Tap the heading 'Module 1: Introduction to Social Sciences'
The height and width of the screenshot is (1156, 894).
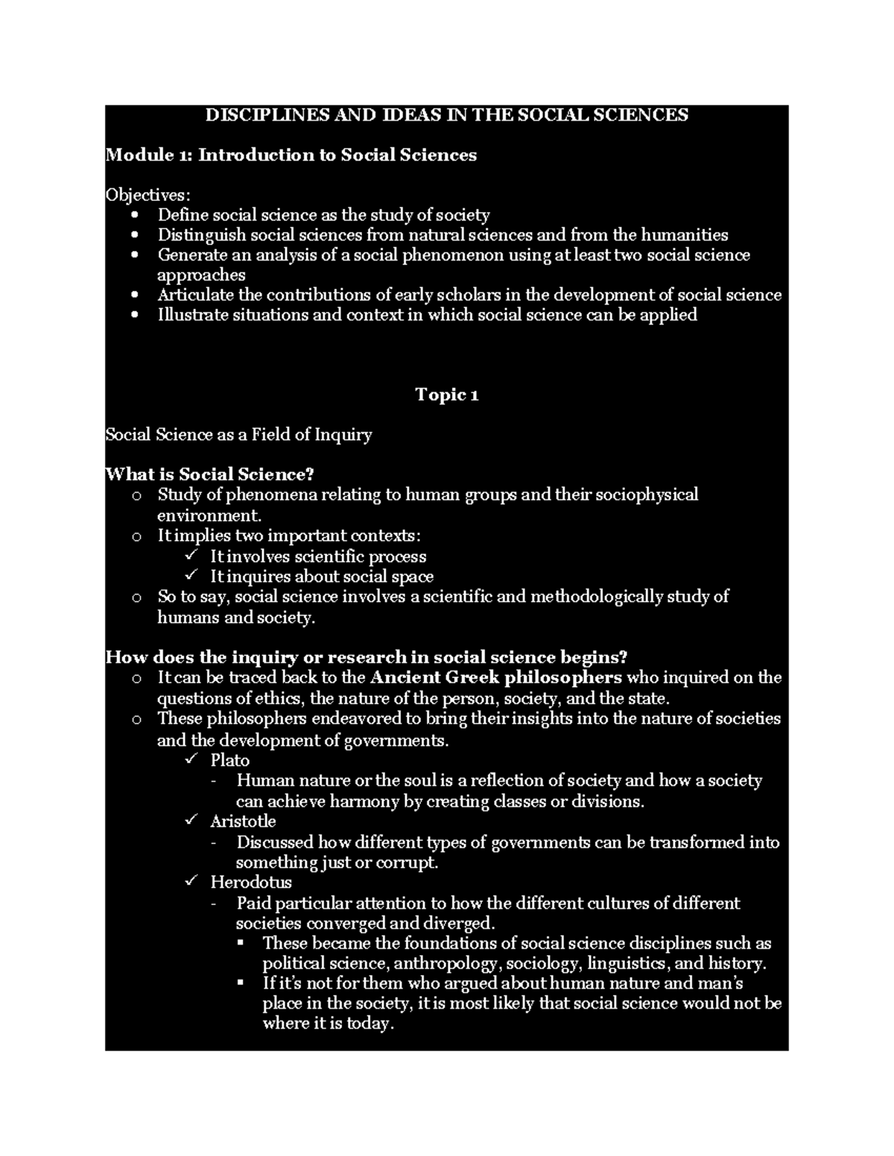pyautogui.click(x=291, y=155)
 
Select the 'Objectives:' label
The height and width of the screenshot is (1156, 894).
pyautogui.click(x=148, y=195)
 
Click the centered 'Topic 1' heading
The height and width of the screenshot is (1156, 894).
pyautogui.click(x=446, y=395)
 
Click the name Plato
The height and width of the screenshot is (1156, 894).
pyautogui.click(x=229, y=760)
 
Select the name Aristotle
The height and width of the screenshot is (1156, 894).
pyautogui.click(x=243, y=821)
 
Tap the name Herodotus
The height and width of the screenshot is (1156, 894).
pyautogui.click(x=250, y=882)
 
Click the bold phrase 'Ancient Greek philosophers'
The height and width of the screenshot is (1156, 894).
pyautogui.click(x=495, y=677)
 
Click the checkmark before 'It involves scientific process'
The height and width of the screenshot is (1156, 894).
pyautogui.click(x=191, y=556)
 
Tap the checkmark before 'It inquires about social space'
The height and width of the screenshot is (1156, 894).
pyautogui.click(x=191, y=576)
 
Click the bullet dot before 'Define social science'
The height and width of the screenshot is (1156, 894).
pyautogui.click(x=134, y=215)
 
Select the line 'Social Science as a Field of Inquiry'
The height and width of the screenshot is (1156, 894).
pyautogui.click(x=238, y=435)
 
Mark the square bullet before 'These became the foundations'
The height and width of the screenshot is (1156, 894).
pyautogui.click(x=240, y=943)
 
